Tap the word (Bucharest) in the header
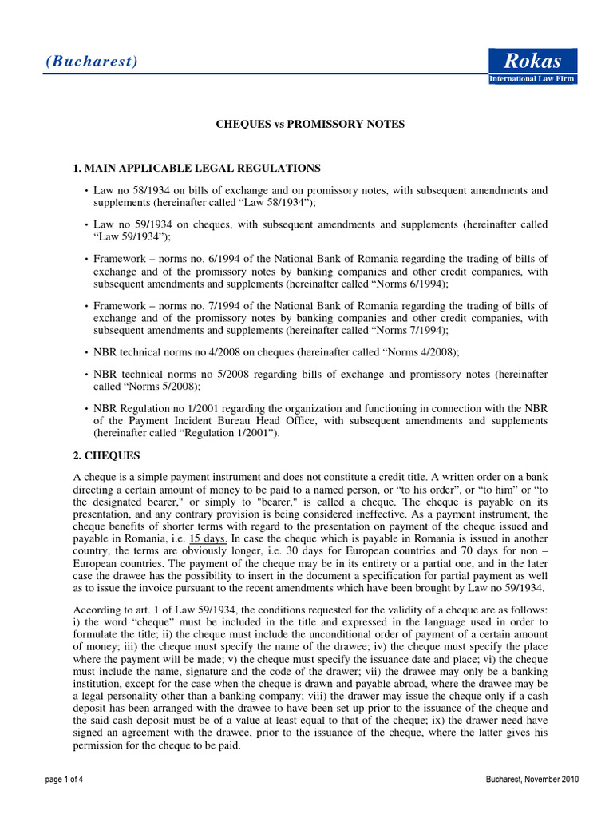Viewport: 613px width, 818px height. [91, 62]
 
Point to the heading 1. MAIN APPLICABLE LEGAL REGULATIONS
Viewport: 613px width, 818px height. [197, 168]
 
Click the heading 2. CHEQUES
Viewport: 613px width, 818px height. [106, 455]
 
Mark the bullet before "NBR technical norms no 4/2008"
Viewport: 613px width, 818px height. [85, 352]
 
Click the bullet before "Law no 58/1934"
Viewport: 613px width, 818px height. [85, 191]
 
